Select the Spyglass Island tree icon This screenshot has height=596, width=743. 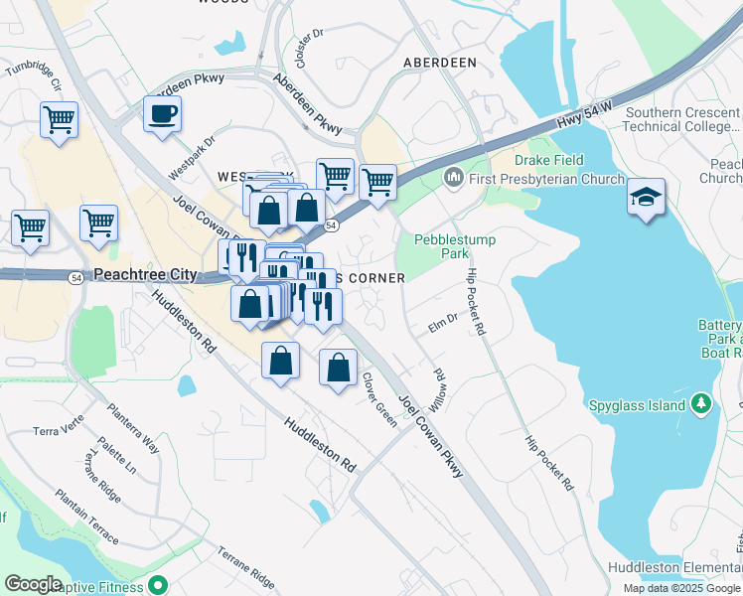point(702,403)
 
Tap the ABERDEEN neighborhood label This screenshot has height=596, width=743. point(439,62)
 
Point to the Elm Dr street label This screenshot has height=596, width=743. point(442,321)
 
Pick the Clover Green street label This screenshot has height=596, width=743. point(379,400)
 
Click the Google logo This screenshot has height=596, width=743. point(34,584)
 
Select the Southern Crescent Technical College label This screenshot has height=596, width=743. point(683,120)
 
